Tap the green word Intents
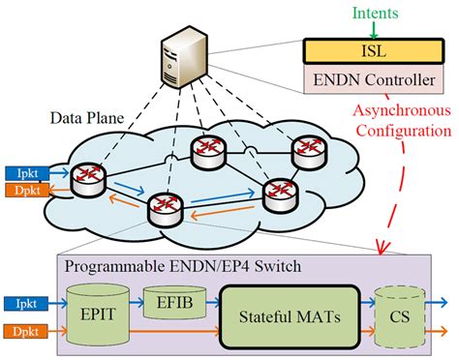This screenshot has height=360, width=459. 375,14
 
